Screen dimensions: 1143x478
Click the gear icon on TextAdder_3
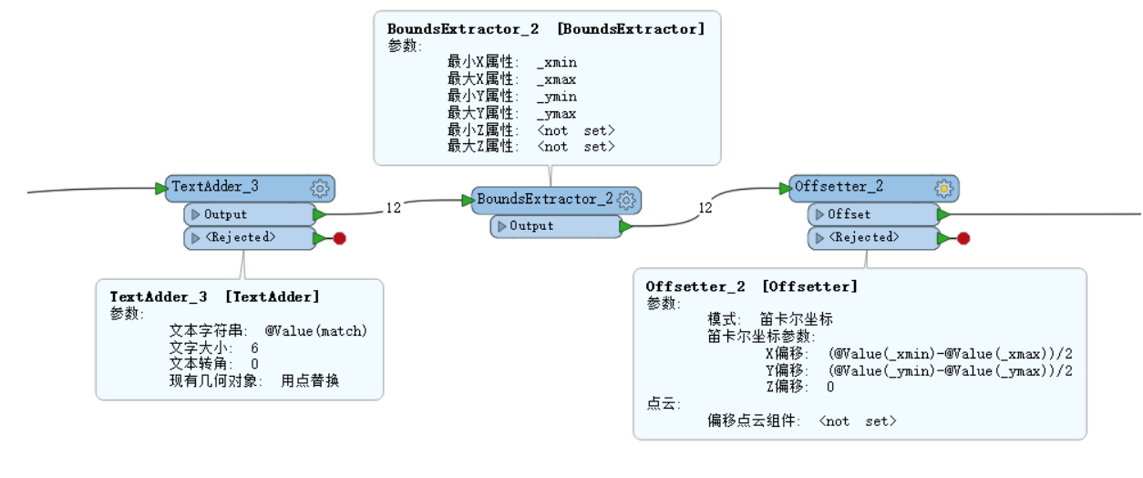point(320,189)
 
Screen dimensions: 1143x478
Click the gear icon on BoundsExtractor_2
point(626,200)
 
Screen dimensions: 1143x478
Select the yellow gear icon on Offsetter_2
point(944,189)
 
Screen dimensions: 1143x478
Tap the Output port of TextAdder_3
point(250,214)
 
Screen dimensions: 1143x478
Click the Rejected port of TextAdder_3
point(250,237)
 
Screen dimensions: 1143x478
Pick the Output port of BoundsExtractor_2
point(556,226)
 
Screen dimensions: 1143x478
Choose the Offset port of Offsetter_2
point(873,214)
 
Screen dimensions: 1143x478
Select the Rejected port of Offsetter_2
point(873,237)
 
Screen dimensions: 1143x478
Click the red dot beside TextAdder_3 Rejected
point(340,238)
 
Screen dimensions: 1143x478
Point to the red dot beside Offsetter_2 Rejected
point(963,238)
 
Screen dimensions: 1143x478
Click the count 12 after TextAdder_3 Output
point(394,208)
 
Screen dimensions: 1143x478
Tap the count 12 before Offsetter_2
point(705,208)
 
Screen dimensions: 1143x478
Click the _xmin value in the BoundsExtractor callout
point(557,63)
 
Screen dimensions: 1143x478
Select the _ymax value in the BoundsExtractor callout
point(557,114)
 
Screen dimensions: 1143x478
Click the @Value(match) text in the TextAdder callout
point(316,331)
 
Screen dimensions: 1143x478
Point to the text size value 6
point(254,348)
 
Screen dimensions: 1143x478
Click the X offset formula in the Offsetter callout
point(951,354)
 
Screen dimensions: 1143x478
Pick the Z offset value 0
point(830,387)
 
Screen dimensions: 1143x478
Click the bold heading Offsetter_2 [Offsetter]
point(752,286)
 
